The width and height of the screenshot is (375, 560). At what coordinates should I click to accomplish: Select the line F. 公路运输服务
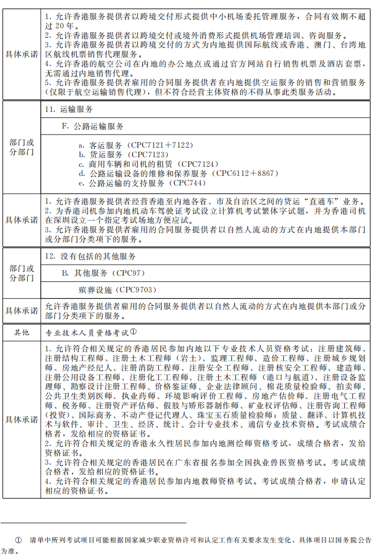pyautogui.click(x=93, y=126)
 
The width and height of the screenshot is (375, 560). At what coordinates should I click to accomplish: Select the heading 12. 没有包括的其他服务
pyautogui.click(x=90, y=256)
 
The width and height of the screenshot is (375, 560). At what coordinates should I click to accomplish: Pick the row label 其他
pyautogui.click(x=21, y=333)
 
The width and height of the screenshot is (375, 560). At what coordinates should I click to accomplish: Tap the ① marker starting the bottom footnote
pyautogui.click(x=19, y=540)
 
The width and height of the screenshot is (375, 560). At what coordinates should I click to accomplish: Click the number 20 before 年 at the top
pyautogui.click(x=55, y=25)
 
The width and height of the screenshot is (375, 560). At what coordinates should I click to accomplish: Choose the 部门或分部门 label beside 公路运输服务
pyautogui.click(x=21, y=147)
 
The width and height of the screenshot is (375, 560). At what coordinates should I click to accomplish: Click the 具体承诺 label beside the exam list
pyautogui.click(x=21, y=420)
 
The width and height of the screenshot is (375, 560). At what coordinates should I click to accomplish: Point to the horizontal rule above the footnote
pyautogui.click(x=93, y=523)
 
